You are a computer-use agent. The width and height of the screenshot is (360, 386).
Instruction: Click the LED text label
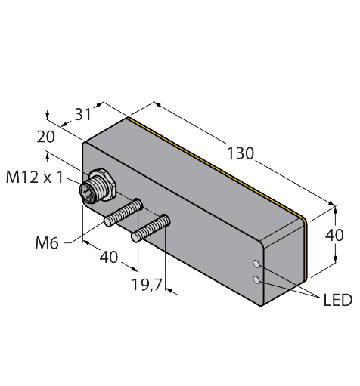click(336, 301)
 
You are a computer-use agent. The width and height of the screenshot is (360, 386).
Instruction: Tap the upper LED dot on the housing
click(258, 265)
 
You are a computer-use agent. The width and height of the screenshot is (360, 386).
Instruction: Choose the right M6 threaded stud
click(151, 229)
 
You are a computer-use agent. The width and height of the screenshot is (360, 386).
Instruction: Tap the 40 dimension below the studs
click(107, 257)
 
